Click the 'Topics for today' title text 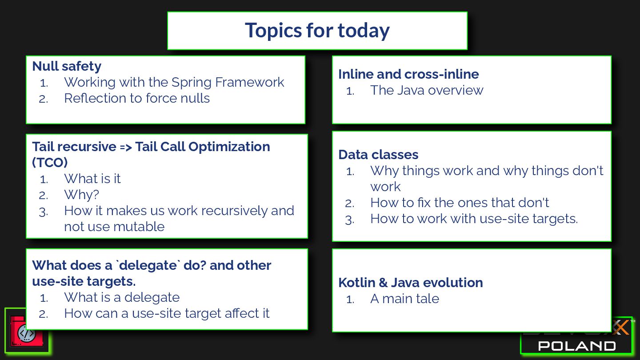click(x=317, y=30)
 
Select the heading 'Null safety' click(x=67, y=66)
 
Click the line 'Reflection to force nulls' click(x=137, y=98)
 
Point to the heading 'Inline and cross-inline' click(x=408, y=74)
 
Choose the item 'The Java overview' click(x=427, y=90)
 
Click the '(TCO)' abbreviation click(x=50, y=163)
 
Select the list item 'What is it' click(x=92, y=179)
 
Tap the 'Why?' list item click(x=82, y=195)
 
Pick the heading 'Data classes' click(x=378, y=155)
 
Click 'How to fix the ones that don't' click(x=460, y=203)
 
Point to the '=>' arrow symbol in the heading click(x=126, y=147)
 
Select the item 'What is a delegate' click(x=122, y=298)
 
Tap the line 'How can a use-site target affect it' click(x=167, y=313)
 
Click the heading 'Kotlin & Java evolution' click(x=411, y=283)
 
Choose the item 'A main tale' click(x=404, y=299)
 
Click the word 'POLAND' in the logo click(x=577, y=346)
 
